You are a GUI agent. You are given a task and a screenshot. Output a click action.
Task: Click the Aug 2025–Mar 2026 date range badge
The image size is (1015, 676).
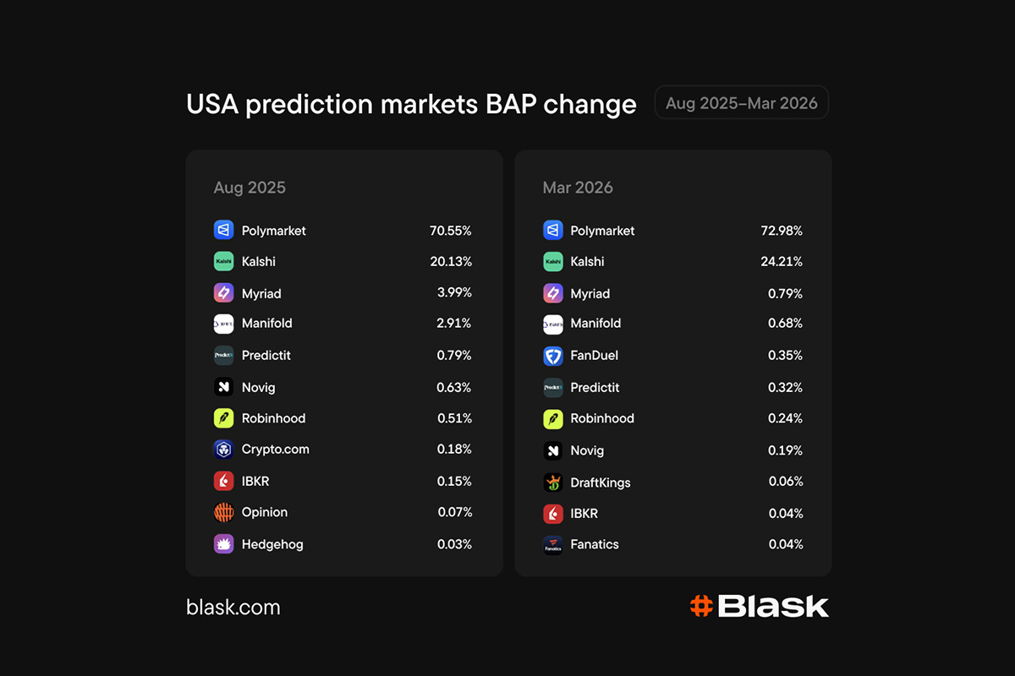pyautogui.click(x=742, y=103)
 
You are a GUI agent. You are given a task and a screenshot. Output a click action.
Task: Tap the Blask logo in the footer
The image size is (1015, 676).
pyautogui.click(x=759, y=606)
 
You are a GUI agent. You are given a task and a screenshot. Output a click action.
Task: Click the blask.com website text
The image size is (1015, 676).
pyautogui.click(x=233, y=607)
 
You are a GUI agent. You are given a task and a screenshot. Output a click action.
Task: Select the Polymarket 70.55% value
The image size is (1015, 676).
pyautogui.click(x=450, y=231)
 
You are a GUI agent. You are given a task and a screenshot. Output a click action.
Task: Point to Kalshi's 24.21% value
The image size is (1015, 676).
pyautogui.click(x=781, y=262)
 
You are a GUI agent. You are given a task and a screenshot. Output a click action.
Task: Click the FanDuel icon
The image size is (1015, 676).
pyautogui.click(x=552, y=356)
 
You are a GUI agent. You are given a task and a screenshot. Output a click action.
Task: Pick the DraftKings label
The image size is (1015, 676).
pyautogui.click(x=600, y=482)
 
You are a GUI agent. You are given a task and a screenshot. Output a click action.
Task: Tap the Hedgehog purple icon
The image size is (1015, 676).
pyautogui.click(x=223, y=544)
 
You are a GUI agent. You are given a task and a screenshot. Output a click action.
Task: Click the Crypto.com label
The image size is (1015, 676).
pyautogui.click(x=275, y=450)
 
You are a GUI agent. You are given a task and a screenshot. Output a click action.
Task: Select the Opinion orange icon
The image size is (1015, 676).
pyautogui.click(x=223, y=512)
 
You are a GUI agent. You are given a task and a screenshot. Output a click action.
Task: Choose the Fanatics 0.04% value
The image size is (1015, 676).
pyautogui.click(x=785, y=544)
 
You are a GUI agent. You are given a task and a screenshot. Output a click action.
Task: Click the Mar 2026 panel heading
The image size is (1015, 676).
pyautogui.click(x=578, y=188)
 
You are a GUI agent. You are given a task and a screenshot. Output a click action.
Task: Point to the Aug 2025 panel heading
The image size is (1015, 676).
pyautogui.click(x=250, y=188)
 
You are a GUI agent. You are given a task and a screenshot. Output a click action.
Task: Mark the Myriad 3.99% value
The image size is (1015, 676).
pyautogui.click(x=454, y=293)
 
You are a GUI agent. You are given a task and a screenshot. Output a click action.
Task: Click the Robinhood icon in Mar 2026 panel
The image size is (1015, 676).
pyautogui.click(x=552, y=418)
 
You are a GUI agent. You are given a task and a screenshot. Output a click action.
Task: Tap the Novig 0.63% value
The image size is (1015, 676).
pyautogui.click(x=454, y=388)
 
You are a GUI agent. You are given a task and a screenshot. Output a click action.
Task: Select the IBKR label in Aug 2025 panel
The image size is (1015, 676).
pyautogui.click(x=255, y=481)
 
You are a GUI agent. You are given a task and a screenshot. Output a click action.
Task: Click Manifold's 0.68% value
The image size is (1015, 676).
pyautogui.click(x=785, y=324)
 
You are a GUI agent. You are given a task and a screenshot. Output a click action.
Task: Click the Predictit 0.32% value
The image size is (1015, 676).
pyautogui.click(x=785, y=388)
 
